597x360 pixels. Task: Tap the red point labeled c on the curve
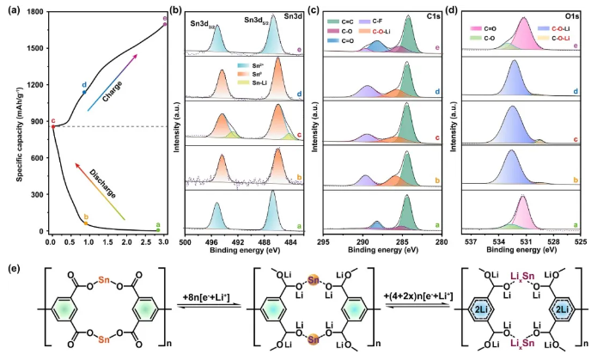click(52, 126)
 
